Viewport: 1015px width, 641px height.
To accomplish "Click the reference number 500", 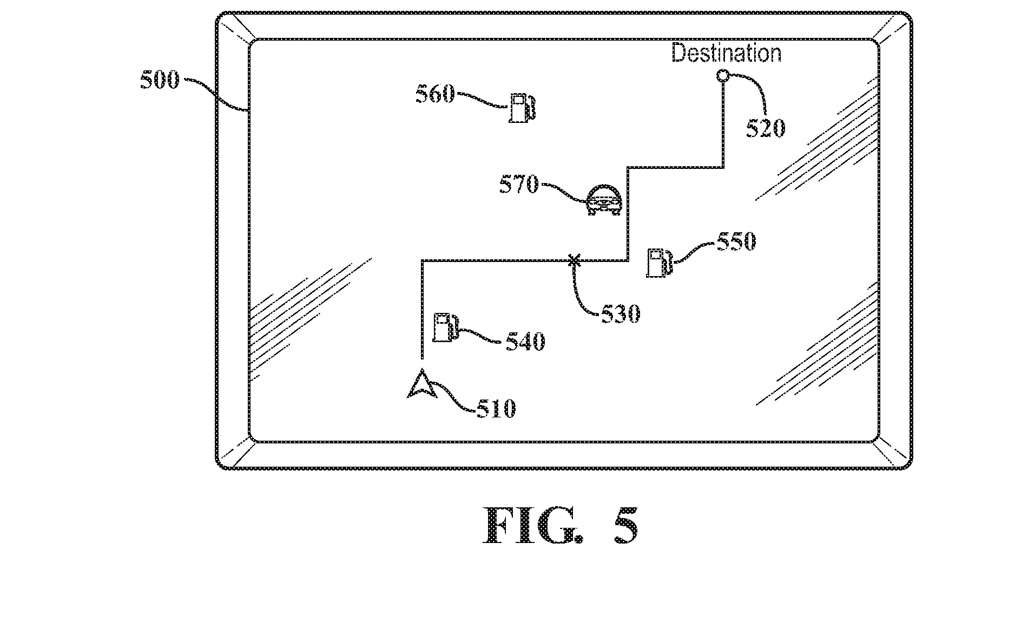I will click(160, 81).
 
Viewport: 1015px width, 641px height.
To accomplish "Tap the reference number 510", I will click(496, 409).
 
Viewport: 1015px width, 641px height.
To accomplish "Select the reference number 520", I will click(765, 128).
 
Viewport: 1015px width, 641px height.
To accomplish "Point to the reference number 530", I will click(621, 313).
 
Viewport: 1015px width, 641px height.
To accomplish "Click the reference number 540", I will click(525, 342).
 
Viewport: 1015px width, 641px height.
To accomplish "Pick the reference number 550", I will click(736, 241).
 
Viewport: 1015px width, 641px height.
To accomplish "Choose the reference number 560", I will click(435, 94).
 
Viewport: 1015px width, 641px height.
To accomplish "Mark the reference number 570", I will click(519, 185).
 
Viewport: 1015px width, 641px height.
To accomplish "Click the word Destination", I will click(726, 53).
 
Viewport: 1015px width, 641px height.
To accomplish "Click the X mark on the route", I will click(574, 261).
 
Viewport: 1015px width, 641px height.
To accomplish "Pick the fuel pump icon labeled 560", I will click(522, 107).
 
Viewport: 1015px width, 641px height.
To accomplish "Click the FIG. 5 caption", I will click(561, 525).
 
